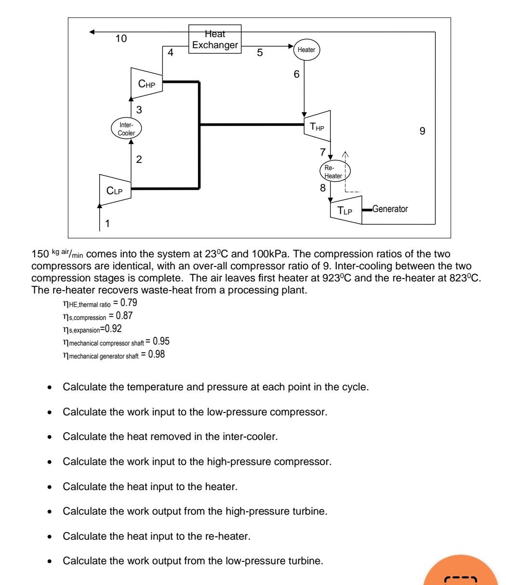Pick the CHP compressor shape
146,82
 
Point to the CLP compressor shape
115,189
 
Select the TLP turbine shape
346,211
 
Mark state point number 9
422,131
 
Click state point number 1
107,223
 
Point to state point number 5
260,53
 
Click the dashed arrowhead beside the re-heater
345,153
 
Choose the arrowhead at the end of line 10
92,32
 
